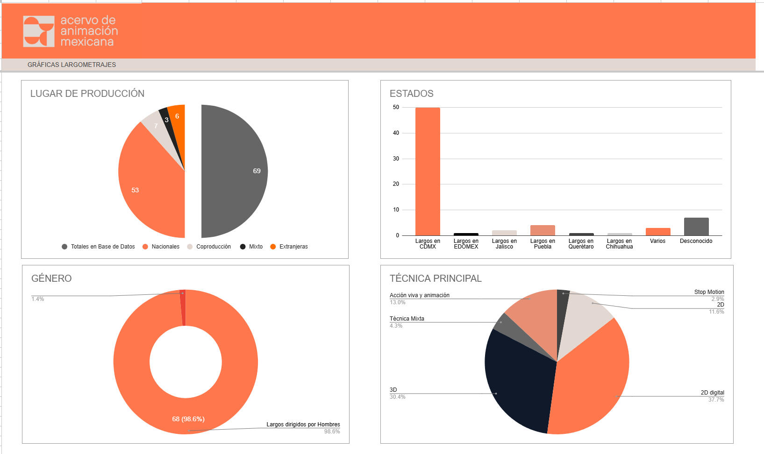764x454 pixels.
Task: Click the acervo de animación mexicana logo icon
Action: click(39, 31)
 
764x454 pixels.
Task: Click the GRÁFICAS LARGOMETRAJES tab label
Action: click(71, 65)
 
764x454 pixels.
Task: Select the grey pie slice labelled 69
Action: click(234, 171)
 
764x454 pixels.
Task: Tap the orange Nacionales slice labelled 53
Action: click(150, 187)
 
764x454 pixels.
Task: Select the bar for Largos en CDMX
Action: click(428, 171)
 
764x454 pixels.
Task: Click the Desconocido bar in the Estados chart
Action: click(696, 227)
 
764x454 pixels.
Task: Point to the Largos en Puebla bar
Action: click(543, 230)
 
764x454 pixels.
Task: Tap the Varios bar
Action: click(658, 232)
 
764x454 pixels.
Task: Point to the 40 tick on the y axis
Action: click(396, 133)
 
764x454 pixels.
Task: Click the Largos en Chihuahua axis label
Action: click(619, 244)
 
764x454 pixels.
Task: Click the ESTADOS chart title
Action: click(412, 94)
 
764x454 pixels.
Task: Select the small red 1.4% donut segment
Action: click(183, 308)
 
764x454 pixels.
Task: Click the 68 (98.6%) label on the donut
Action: click(188, 419)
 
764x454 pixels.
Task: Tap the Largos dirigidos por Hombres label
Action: click(303, 425)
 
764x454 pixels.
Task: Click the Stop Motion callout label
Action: click(709, 292)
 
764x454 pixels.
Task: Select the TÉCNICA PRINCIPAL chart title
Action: click(436, 278)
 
